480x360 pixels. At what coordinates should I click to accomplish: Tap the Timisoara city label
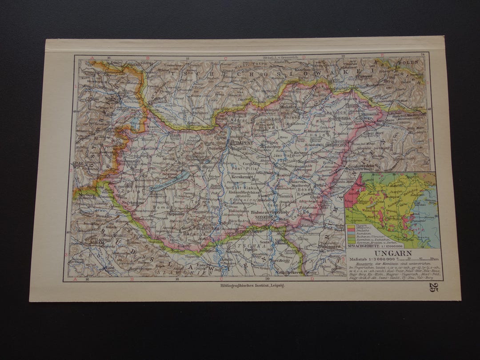(329, 246)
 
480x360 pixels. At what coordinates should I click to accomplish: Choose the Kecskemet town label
(242, 177)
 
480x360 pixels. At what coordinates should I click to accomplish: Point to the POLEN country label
(408, 63)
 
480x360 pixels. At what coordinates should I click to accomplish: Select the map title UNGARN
(390, 253)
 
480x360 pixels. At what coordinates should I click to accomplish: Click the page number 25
(434, 287)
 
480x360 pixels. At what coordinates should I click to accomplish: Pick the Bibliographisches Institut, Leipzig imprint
(252, 286)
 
